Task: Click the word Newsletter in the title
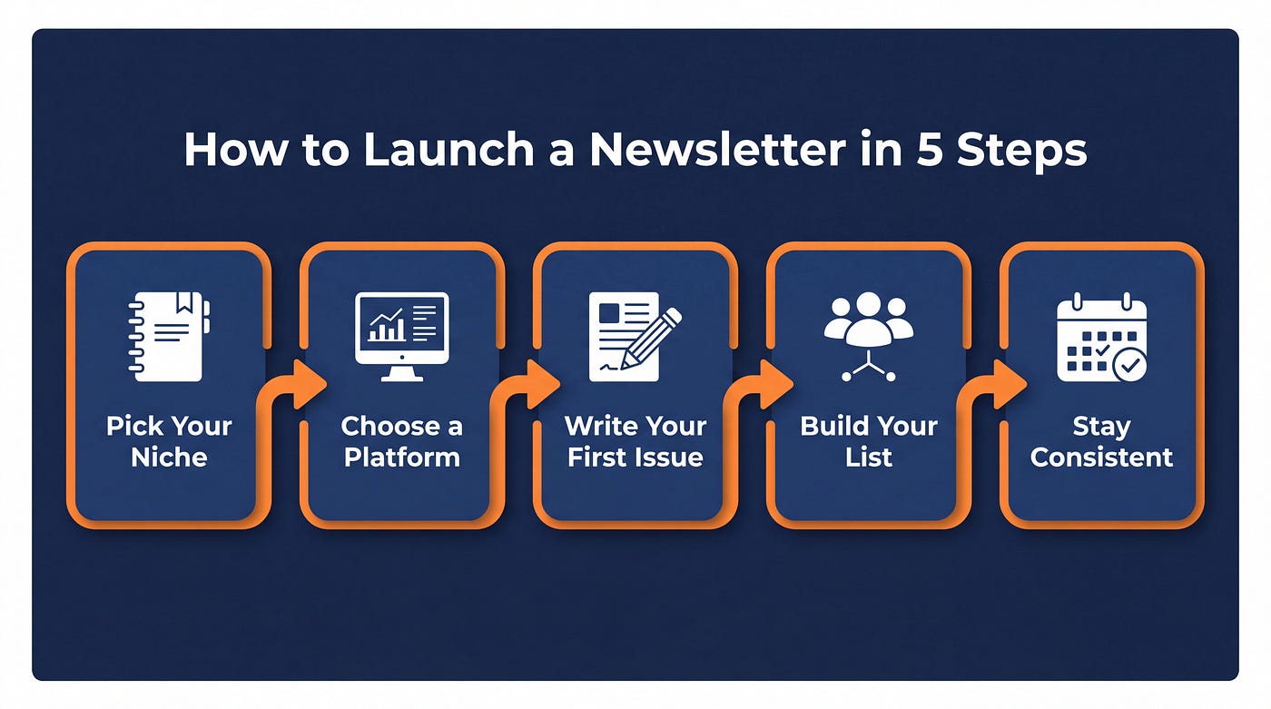click(718, 149)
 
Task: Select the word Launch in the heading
click(448, 149)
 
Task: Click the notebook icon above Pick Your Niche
click(169, 337)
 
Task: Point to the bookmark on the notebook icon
click(183, 302)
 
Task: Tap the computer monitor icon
click(401, 337)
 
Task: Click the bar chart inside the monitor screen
click(387, 325)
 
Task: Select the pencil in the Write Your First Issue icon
click(651, 339)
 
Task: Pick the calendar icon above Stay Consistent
click(1102, 338)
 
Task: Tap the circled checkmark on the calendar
click(1129, 365)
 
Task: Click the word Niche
click(169, 458)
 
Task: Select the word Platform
click(401, 458)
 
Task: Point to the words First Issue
click(635, 458)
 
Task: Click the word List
click(869, 458)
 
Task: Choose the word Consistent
click(1102, 458)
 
